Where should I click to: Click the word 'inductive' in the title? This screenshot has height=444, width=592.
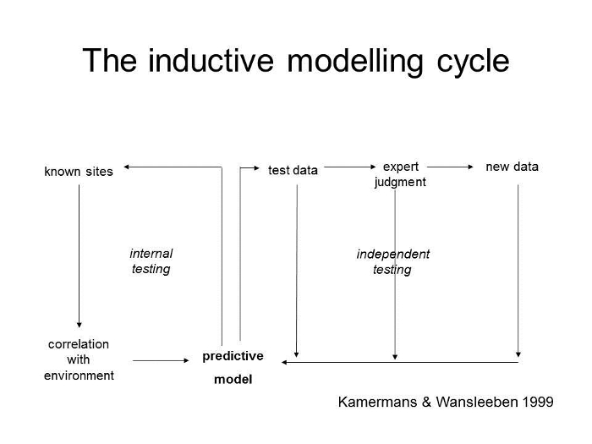(x=211, y=60)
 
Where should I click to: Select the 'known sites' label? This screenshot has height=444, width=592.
(x=79, y=172)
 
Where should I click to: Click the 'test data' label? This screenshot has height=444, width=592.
(x=293, y=170)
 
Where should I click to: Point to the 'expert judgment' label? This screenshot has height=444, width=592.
(x=400, y=174)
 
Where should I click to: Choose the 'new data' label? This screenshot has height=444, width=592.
(x=512, y=167)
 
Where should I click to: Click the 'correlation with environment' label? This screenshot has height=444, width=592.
(x=79, y=359)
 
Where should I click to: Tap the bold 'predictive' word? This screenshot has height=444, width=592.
(x=233, y=356)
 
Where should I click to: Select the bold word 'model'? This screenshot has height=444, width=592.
(x=233, y=379)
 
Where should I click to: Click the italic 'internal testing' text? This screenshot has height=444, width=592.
(x=151, y=260)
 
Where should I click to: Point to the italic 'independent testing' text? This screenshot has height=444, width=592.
(x=392, y=261)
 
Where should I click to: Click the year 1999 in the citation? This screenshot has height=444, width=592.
(x=538, y=402)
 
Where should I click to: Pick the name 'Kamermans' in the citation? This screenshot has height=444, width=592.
(x=377, y=402)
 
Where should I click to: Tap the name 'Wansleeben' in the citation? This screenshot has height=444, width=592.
(x=477, y=402)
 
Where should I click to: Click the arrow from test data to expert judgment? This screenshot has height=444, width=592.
(x=350, y=167)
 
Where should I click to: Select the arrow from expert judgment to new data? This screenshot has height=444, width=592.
(x=450, y=167)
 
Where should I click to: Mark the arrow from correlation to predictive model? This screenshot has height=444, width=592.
(x=161, y=360)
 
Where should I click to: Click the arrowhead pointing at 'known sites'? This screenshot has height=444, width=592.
(x=127, y=167)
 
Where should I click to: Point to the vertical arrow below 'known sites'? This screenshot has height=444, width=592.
(x=79, y=256)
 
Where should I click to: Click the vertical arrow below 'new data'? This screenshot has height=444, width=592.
(x=518, y=271)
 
